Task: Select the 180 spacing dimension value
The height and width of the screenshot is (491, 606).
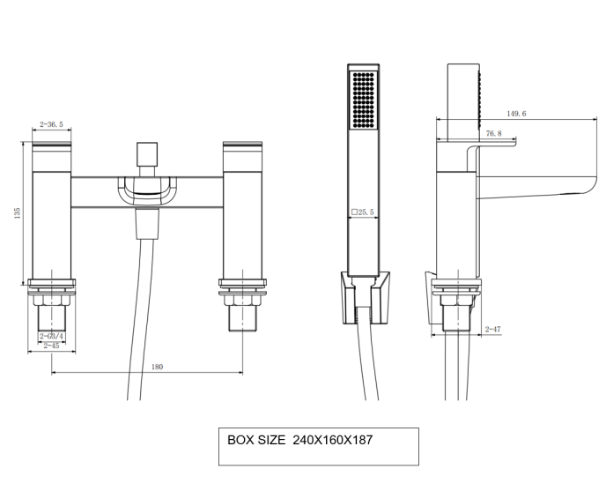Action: [158, 366]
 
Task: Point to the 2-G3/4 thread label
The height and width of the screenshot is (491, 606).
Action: [52, 337]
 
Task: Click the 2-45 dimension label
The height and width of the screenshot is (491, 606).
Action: [52, 346]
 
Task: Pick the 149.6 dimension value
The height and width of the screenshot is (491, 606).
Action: [516, 114]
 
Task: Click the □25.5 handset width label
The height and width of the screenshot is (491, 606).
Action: [363, 212]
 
